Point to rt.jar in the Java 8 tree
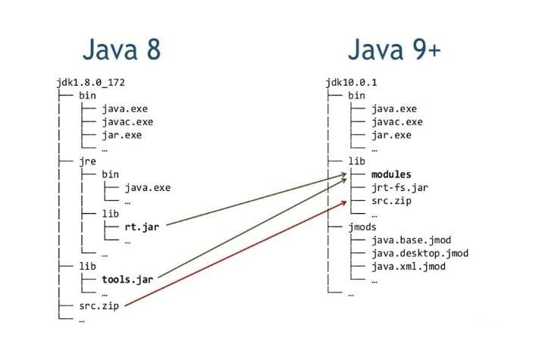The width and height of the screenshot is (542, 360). tap(144, 226)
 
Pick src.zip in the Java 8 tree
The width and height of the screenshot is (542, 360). tap(101, 306)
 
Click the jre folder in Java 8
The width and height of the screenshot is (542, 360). tap(87, 161)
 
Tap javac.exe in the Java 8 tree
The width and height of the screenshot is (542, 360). tap(127, 122)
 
